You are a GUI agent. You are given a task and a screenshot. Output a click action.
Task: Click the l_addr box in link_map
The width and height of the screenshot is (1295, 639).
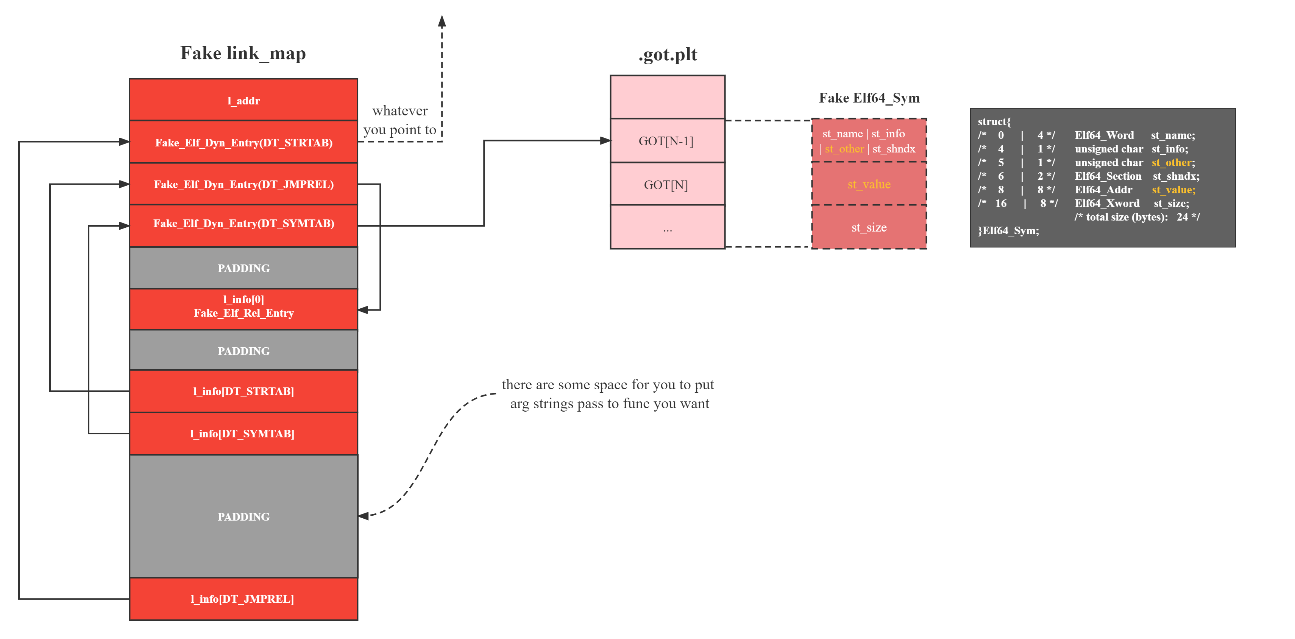[243, 101]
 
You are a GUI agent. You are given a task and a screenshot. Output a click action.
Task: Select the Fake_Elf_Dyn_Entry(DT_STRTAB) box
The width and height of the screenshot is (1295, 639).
[243, 142]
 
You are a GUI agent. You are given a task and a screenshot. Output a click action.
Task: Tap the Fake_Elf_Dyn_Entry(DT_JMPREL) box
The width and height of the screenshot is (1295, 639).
[243, 184]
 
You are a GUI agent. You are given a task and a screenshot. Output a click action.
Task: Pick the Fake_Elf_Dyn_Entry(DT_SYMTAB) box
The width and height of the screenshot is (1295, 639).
[243, 223]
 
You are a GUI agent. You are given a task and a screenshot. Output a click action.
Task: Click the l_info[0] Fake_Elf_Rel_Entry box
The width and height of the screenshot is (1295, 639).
[243, 306]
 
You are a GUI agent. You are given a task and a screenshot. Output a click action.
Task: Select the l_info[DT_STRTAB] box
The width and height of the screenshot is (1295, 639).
[243, 391]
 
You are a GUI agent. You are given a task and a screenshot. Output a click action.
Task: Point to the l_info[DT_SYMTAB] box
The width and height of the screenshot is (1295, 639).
[243, 433]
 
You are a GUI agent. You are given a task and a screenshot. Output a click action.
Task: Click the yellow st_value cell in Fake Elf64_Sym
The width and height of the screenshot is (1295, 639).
[869, 184]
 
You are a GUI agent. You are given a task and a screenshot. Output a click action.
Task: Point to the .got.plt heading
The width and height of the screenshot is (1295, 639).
[667, 54]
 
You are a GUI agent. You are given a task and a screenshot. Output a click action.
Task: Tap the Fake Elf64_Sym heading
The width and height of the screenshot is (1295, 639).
[869, 98]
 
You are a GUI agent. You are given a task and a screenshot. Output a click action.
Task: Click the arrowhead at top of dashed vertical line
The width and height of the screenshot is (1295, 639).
[442, 21]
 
